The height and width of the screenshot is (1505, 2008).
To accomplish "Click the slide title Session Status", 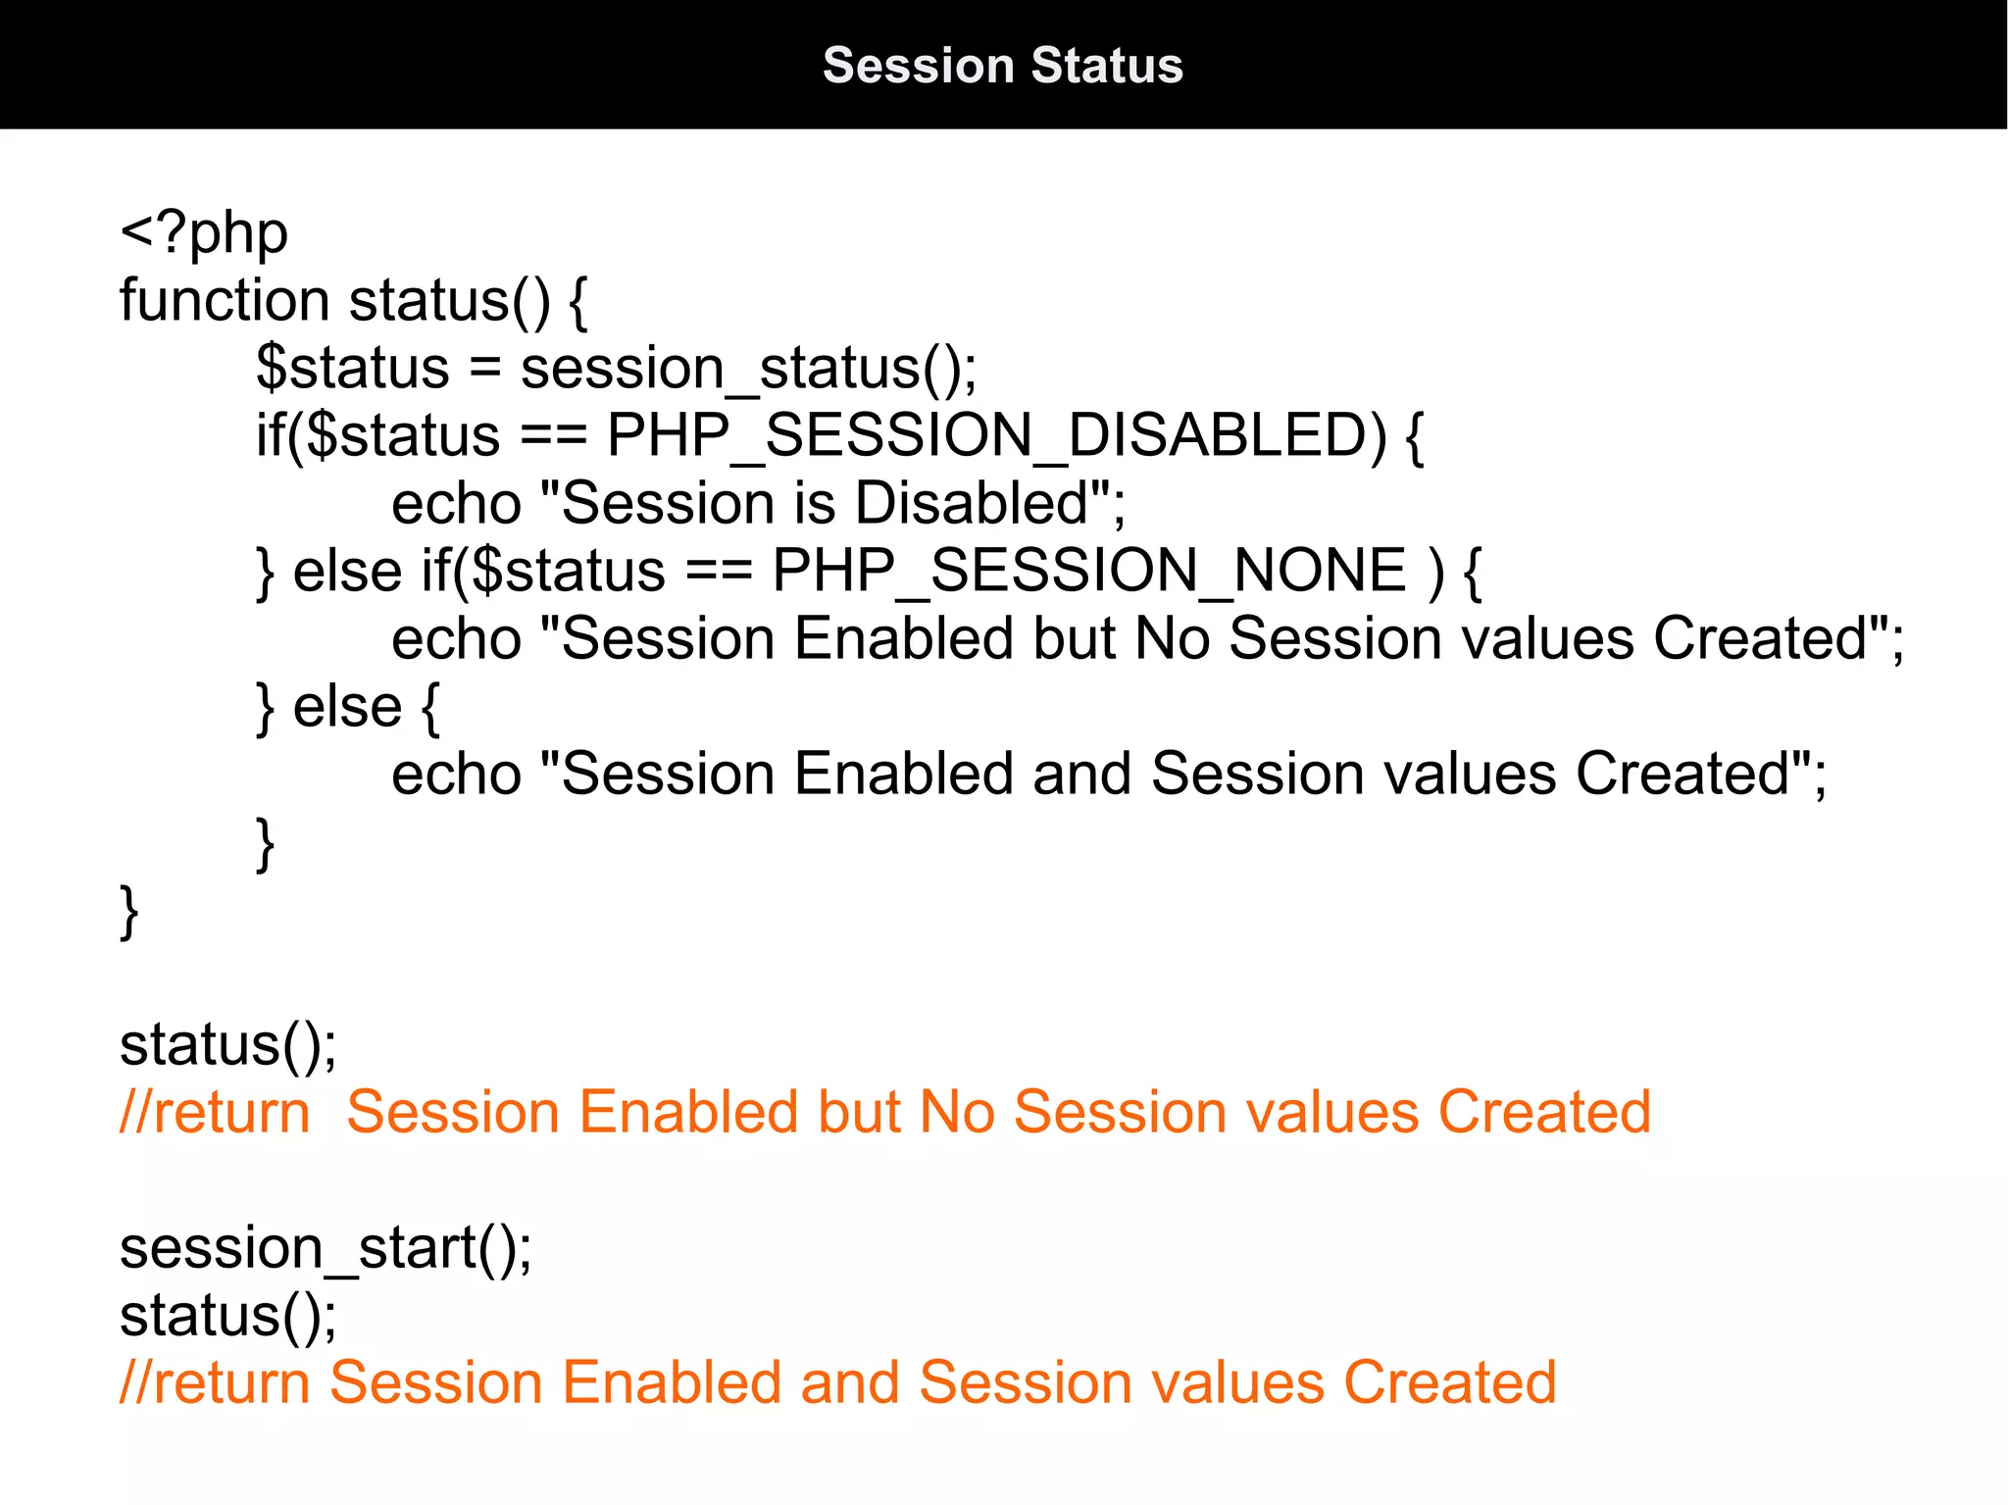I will coord(1002,66).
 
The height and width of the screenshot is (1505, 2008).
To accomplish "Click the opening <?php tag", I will coord(204,234).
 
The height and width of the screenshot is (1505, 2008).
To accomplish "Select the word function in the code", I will coord(224,300).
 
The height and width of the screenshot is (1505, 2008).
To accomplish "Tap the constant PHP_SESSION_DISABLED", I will coord(996,435).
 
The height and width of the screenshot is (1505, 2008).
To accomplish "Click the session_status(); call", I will coord(748,369).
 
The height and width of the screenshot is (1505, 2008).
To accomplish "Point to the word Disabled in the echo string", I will coord(972,503).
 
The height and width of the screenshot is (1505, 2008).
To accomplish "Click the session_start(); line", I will coord(326,1249).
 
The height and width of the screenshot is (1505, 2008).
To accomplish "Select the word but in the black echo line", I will coord(1074,639).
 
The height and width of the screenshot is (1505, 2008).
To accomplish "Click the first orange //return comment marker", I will coord(215,1113).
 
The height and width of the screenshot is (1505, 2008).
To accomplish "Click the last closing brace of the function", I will coord(128,912).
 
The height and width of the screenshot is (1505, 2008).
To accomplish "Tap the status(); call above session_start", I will coord(227,1045).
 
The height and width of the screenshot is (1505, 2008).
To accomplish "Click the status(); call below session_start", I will coord(227,1316).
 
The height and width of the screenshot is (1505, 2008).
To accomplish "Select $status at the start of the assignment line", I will coord(352,369).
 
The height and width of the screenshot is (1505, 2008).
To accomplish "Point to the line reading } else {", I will coord(348,707).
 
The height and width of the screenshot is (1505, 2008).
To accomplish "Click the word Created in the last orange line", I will coord(1449,1383).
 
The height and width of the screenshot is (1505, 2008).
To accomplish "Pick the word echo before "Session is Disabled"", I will coord(456,503).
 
